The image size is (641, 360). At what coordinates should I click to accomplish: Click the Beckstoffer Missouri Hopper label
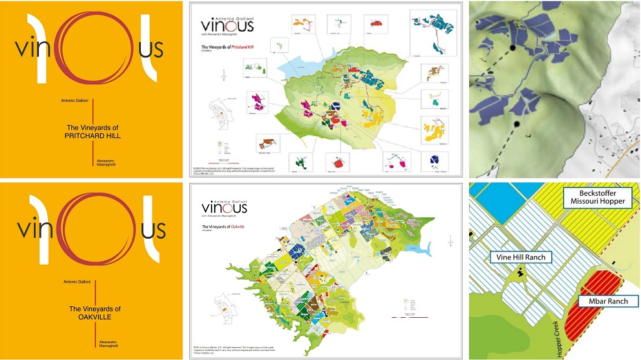pos(595,197)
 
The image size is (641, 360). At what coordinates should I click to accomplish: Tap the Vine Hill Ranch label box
pos(521,257)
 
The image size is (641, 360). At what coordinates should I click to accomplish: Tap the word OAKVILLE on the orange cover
pos(95,318)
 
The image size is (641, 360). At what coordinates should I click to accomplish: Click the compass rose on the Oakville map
pos(449,242)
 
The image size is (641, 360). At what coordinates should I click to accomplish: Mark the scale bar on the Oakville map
pos(405,318)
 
